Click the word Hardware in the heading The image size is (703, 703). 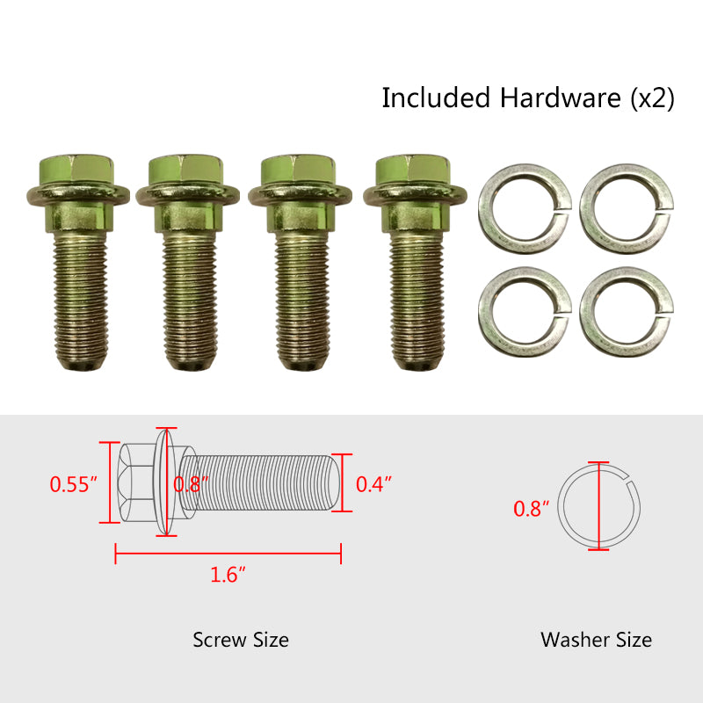[561, 98]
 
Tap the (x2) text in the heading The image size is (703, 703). [652, 98]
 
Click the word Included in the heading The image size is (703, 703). [436, 98]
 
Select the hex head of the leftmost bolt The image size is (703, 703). [76, 170]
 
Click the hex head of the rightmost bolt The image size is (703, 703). [413, 170]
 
